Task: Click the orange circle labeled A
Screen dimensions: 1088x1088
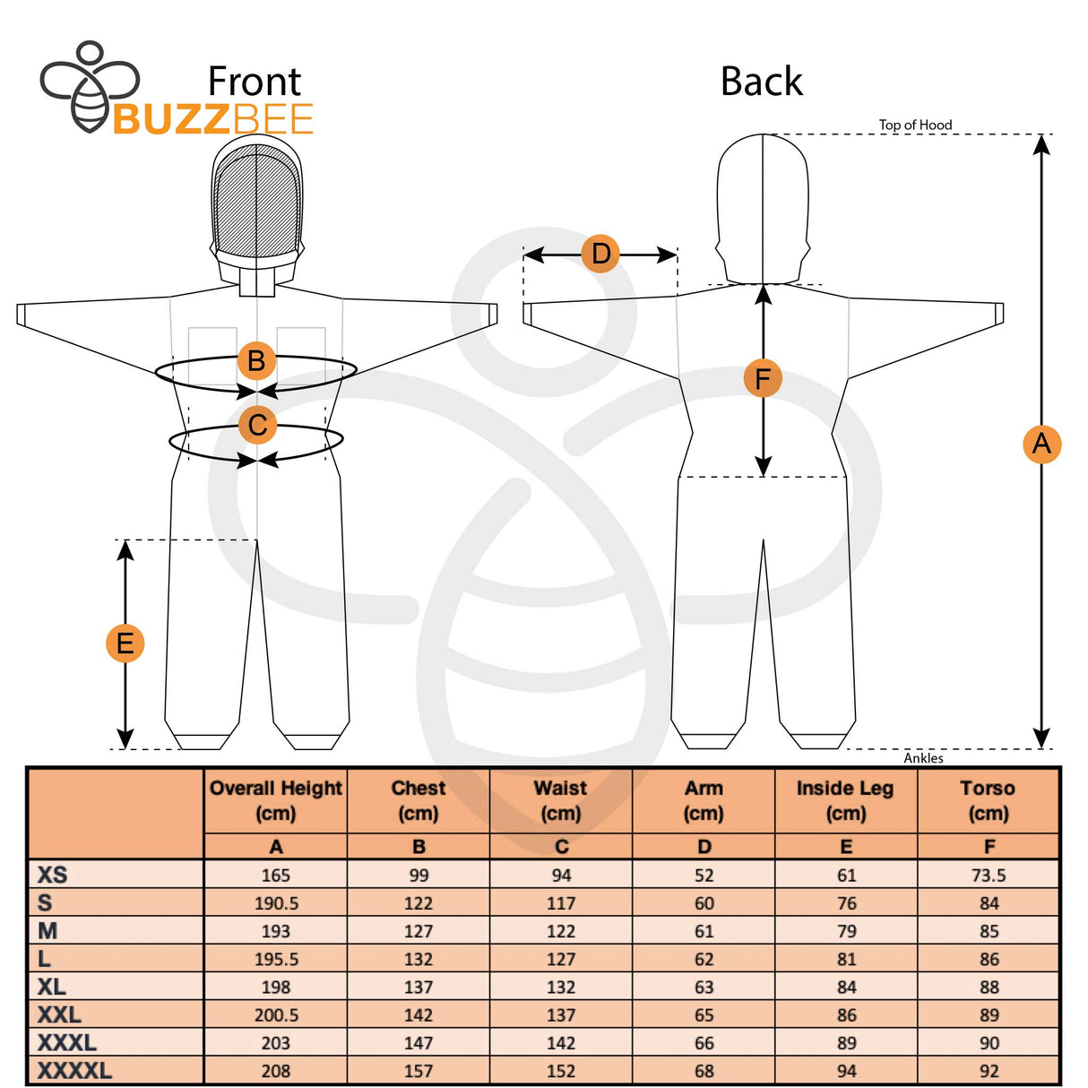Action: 1041,444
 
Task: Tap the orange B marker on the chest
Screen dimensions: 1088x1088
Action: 256,360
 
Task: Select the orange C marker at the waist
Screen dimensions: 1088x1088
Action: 257,424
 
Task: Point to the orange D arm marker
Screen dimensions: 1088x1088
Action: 600,254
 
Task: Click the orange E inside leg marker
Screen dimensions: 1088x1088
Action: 125,643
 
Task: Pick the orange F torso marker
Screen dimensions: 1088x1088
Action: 763,378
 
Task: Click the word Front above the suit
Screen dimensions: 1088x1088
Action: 255,82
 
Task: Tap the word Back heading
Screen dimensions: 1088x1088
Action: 761,82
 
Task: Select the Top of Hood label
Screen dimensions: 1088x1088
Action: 915,125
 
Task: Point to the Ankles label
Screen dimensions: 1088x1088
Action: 923,758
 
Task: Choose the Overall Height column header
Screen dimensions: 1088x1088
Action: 275,800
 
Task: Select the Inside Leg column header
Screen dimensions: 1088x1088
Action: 845,800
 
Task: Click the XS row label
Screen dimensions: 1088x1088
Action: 52,875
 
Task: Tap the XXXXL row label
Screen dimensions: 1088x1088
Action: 74,1070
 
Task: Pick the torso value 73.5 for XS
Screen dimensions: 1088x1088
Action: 989,876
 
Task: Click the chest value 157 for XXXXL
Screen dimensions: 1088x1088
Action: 418,1071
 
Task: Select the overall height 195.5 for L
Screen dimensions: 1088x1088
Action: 276,959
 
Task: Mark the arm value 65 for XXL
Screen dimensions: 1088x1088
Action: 704,1015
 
